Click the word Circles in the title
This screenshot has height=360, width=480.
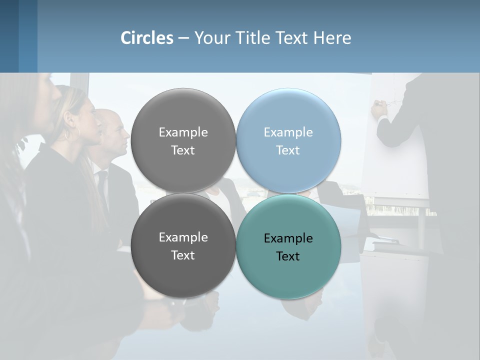147,38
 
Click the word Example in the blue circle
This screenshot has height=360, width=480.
288,132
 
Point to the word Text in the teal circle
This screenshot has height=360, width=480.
288,256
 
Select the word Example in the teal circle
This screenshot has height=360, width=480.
288,238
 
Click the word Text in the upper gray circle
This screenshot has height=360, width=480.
183,150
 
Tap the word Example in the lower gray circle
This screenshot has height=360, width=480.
183,237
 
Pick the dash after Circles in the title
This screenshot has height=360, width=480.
183,38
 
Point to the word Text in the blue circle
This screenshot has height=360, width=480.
288,150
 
